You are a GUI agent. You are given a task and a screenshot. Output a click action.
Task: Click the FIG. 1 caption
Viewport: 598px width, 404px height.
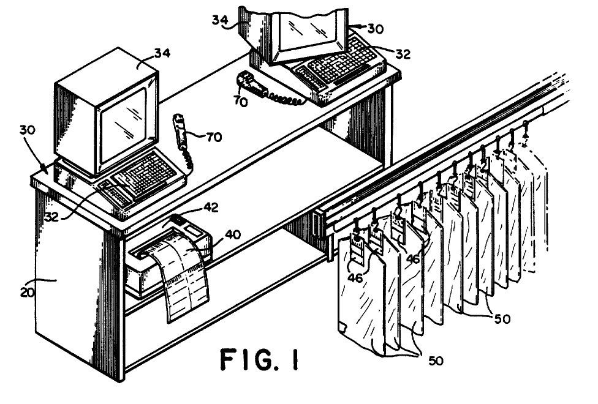point(259,360)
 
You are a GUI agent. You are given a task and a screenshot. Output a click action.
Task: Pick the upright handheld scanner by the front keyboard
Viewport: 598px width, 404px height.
point(180,130)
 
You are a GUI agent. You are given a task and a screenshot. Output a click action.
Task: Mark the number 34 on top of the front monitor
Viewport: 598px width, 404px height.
point(145,54)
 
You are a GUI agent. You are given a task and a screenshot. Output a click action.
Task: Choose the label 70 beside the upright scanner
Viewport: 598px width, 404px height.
point(213,138)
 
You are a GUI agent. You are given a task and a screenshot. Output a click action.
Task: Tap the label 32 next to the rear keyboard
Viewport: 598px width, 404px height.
point(402,54)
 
